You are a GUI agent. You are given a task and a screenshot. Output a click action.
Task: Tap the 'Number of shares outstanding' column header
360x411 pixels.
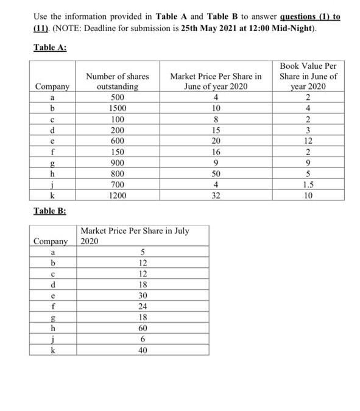[118, 82]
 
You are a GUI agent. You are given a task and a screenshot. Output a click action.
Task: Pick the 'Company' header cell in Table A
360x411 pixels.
[52, 86]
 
